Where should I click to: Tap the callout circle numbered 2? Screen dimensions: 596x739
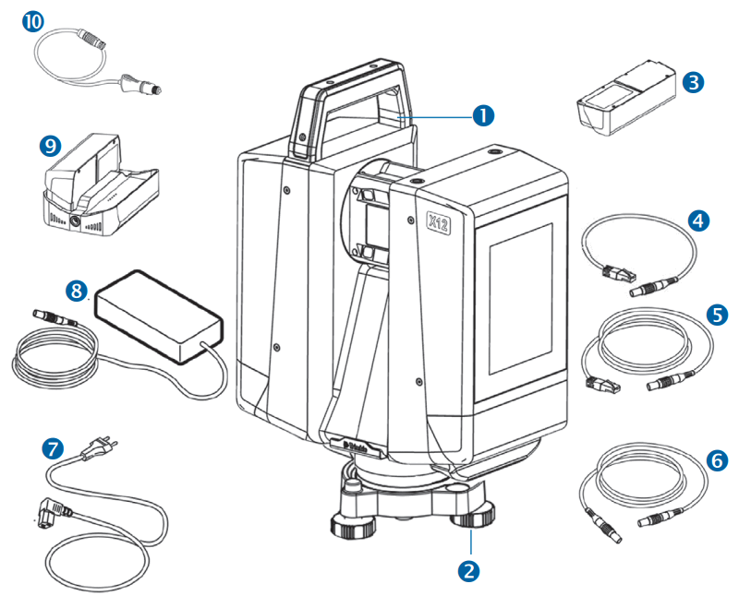[470, 570]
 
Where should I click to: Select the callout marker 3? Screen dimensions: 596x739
[695, 81]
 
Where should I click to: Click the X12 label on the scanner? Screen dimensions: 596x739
[439, 221]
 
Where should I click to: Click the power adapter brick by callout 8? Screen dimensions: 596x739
[159, 308]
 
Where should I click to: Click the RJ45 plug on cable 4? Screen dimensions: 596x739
[613, 271]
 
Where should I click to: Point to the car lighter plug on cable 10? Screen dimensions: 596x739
[139, 85]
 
